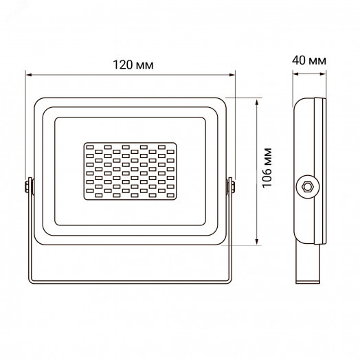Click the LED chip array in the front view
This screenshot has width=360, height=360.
131,172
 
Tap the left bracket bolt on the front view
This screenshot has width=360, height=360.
28,186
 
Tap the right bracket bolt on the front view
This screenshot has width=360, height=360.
232,186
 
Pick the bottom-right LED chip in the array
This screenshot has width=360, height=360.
170,198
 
